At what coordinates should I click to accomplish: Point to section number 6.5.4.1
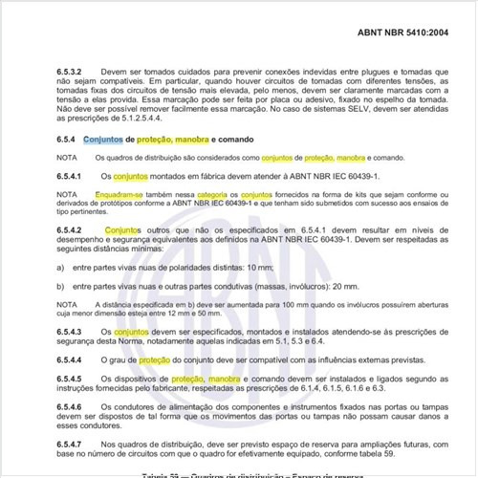71,177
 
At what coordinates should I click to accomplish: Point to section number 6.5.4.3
71,330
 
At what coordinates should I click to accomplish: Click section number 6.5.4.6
71,408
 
